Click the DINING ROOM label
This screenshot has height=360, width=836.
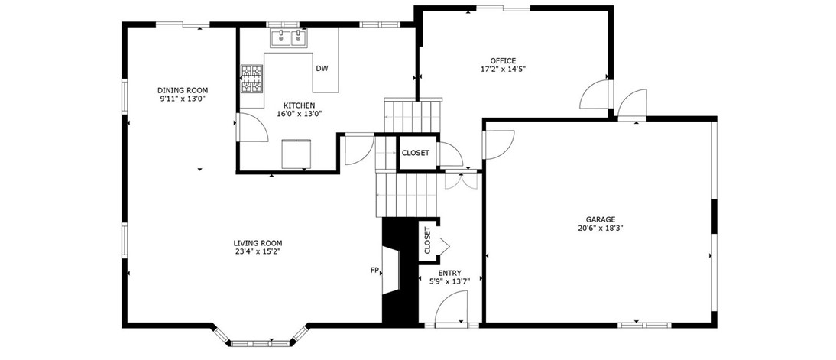183,90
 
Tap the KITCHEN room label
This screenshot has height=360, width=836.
299,105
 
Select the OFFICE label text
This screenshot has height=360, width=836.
504,61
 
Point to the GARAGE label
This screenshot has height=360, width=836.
601,219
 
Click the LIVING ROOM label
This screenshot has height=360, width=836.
258,242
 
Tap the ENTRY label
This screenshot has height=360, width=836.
449,273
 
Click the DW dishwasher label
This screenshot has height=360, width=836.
322,68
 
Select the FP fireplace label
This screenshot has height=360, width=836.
374,271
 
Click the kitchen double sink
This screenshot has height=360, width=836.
289,38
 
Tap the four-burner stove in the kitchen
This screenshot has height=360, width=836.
252,79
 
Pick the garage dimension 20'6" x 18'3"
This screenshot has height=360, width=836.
601,228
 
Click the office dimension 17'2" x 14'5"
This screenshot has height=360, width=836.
504,69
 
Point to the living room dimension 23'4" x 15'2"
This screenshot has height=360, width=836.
258,251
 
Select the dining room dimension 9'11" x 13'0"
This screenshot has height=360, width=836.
183,99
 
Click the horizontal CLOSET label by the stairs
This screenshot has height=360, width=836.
416,153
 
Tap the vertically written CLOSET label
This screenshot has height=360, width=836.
427,241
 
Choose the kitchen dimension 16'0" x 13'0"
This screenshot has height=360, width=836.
299,114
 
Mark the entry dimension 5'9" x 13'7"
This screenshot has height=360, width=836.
449,281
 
